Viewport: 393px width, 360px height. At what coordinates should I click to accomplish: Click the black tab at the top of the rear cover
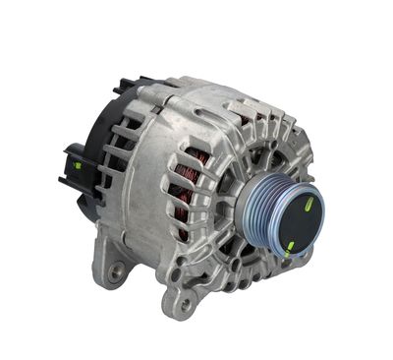click(125, 87)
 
